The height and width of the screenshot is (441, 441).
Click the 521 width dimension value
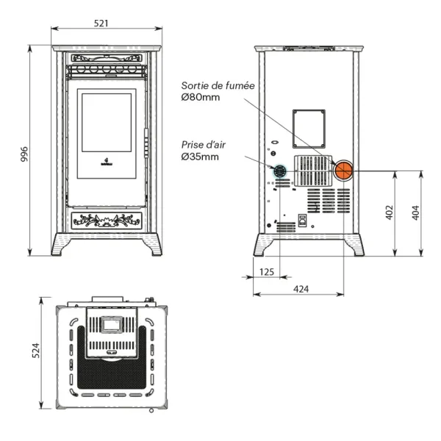tap(101, 23)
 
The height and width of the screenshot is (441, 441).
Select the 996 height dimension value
tap(24, 154)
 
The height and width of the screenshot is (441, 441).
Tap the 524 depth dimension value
tap(35, 351)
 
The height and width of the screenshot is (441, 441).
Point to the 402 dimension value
tap(390, 212)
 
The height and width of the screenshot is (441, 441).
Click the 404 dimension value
tap(415, 212)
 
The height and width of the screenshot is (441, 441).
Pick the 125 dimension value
tap(266, 272)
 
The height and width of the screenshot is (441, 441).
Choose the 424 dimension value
tap(301, 289)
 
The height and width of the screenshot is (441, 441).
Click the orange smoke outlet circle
tap(343, 171)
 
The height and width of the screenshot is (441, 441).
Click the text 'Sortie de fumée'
tap(218, 86)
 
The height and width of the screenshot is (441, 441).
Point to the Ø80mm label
tap(200, 98)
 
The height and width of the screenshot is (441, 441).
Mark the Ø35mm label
tap(200, 157)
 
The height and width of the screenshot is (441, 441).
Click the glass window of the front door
tap(107, 123)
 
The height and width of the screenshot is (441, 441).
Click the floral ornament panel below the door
tap(107, 220)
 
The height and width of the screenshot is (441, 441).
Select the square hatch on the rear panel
tap(309, 128)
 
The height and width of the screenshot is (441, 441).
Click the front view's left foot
tap(61, 245)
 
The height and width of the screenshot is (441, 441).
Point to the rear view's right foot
tap(355, 245)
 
